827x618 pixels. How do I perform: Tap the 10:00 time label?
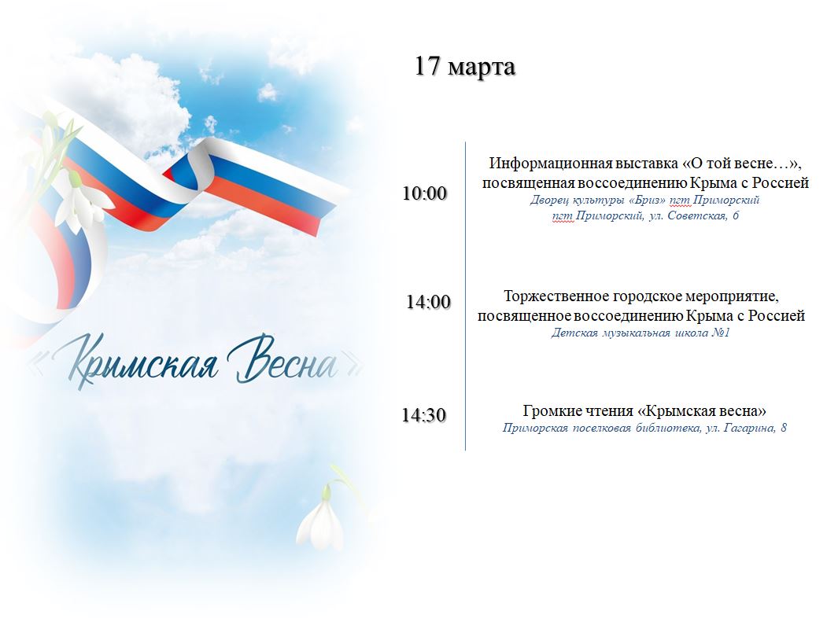(425, 193)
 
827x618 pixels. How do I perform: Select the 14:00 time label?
(428, 302)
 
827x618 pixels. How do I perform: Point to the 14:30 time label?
(424, 415)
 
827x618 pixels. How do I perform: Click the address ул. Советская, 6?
(694, 215)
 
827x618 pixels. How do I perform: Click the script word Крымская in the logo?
(142, 362)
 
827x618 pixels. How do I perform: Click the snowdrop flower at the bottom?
(321, 518)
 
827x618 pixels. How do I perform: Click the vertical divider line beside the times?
(465, 296)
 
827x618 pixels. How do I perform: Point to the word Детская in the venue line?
(574, 333)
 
